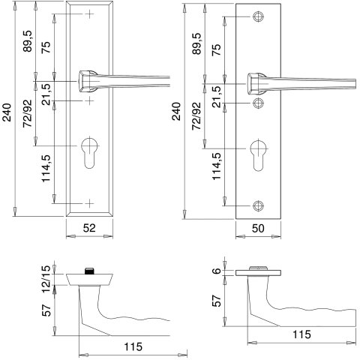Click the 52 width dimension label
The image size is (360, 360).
89,228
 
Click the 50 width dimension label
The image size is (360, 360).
258,229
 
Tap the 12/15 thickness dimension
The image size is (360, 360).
46,279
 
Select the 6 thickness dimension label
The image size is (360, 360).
217,271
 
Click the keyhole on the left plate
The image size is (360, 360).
89,152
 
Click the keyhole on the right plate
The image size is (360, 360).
258,156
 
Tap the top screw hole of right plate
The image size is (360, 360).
258,16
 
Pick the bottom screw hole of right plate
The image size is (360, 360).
258,205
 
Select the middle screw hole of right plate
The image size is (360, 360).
258,103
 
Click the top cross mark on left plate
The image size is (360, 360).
89,14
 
